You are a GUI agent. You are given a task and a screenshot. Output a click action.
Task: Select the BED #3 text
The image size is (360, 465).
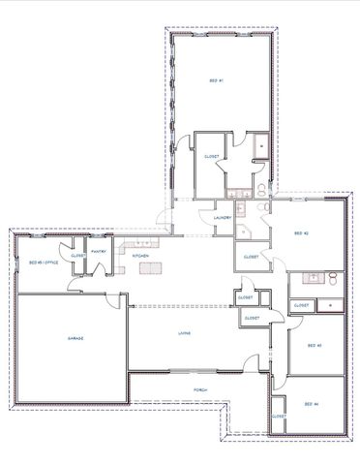313,346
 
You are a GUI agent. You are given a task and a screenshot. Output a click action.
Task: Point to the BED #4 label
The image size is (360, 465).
311,403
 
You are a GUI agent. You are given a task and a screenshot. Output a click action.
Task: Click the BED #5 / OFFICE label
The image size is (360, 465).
45,263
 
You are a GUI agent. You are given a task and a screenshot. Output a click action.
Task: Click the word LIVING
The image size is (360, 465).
183,334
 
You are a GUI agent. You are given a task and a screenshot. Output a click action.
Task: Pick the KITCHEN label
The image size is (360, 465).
140,256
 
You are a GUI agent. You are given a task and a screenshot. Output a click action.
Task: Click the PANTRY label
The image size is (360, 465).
98,251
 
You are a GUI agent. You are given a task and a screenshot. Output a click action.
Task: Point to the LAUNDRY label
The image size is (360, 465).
221,218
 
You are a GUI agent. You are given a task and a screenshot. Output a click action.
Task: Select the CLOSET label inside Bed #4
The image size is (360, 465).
278,416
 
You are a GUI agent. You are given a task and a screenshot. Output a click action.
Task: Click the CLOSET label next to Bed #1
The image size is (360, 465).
211,157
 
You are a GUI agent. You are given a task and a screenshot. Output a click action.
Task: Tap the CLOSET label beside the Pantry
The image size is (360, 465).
78,256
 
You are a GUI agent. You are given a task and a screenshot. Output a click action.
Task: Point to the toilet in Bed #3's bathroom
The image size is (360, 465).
332,279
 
